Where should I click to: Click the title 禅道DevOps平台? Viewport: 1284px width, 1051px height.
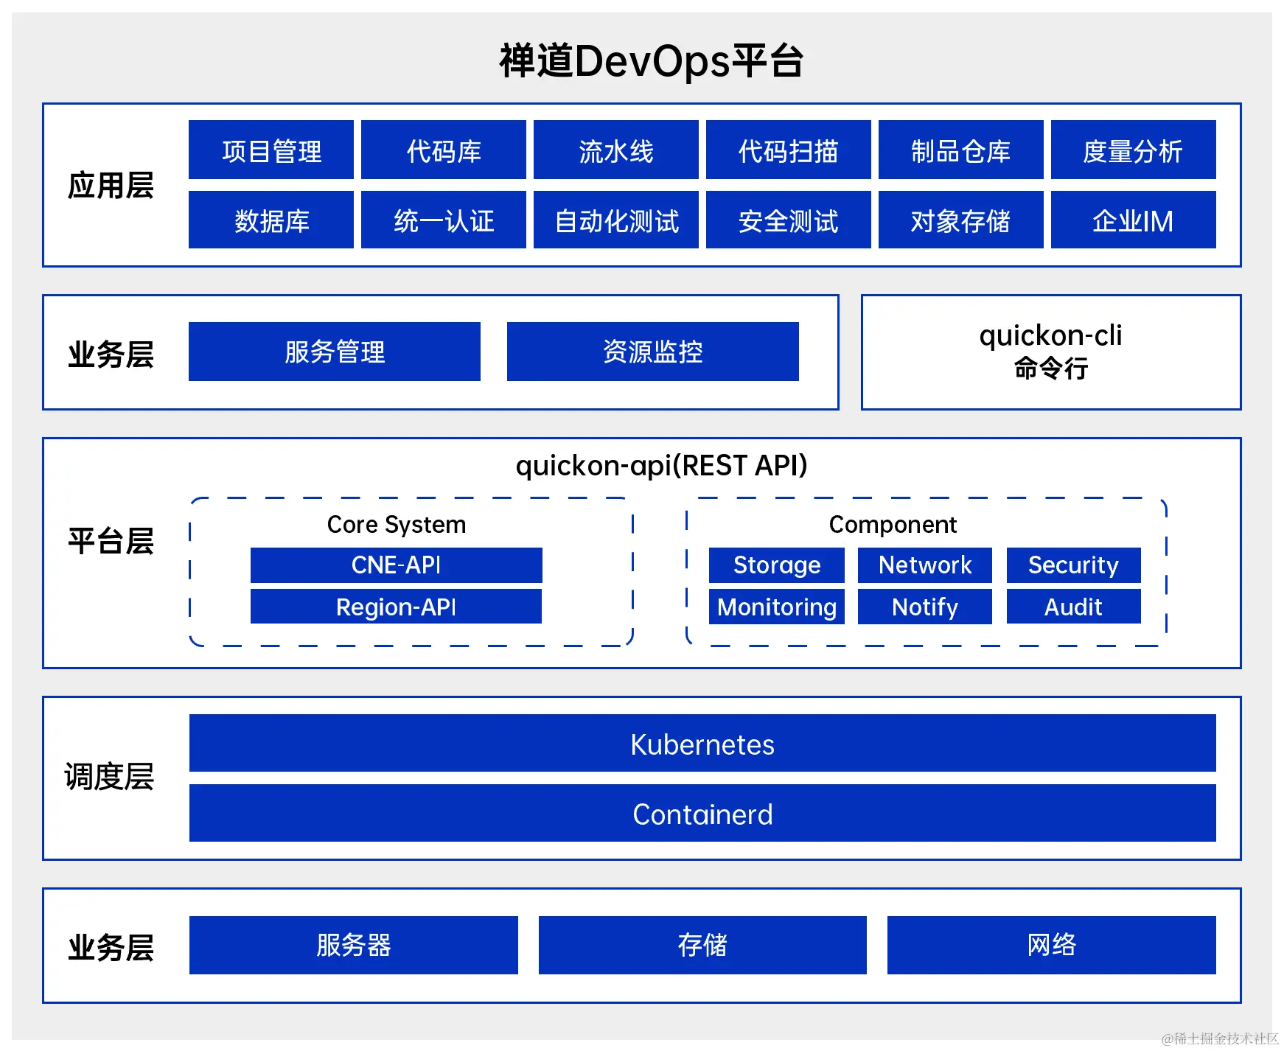point(651,61)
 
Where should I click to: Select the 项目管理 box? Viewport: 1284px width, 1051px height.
point(271,150)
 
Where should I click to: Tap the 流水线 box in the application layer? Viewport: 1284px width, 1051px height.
point(615,150)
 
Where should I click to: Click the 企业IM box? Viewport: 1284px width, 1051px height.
point(1133,220)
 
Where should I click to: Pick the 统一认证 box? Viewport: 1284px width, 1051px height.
point(443,220)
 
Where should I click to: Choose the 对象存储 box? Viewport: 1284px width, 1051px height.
point(960,220)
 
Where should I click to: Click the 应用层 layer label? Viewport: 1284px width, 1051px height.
point(111,185)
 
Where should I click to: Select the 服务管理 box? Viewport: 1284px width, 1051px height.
point(335,352)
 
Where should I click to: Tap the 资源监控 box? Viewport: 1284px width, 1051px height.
point(652,352)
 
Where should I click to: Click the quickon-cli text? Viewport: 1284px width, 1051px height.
point(1050,336)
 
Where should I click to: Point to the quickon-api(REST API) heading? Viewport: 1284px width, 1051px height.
point(661,466)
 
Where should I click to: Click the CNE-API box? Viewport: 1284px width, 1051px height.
point(396,565)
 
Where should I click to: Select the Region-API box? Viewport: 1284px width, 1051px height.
point(396,607)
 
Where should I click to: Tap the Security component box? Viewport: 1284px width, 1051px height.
point(1073,565)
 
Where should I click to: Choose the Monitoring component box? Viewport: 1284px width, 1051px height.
point(776,607)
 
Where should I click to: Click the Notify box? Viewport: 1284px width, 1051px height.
point(924,607)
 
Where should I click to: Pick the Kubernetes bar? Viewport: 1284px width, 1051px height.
point(702,744)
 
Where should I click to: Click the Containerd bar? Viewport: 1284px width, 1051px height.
point(702,814)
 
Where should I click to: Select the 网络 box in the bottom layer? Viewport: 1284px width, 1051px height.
point(1051,945)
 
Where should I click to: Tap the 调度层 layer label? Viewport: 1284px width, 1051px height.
point(109,777)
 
